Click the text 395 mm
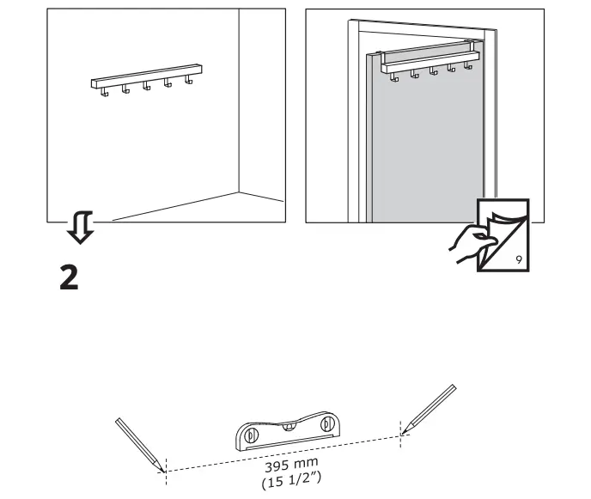point(283,464)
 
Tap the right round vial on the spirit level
point(326,423)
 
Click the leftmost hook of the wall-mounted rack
point(103,92)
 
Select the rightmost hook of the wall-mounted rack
point(189,82)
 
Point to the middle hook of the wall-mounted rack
point(146,87)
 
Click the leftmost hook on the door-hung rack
point(394,78)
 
